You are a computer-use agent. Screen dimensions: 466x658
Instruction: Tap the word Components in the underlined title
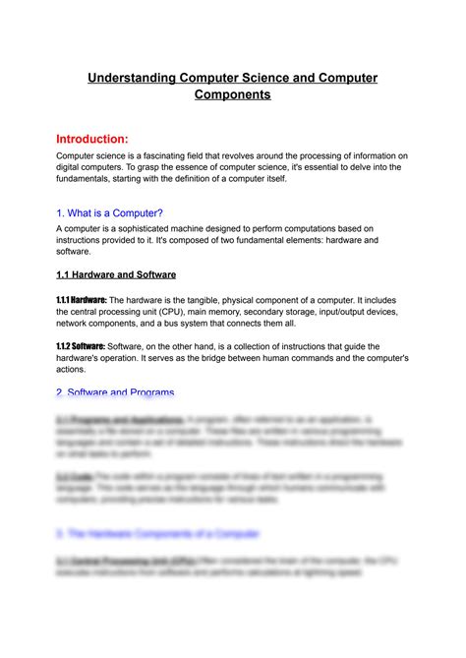point(232,95)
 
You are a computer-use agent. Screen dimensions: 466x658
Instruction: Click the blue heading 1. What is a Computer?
point(109,212)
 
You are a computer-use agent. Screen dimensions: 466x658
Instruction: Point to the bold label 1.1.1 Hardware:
point(81,299)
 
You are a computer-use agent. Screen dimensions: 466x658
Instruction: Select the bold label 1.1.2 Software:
point(79,346)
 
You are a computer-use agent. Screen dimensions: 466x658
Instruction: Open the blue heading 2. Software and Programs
point(115,392)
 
